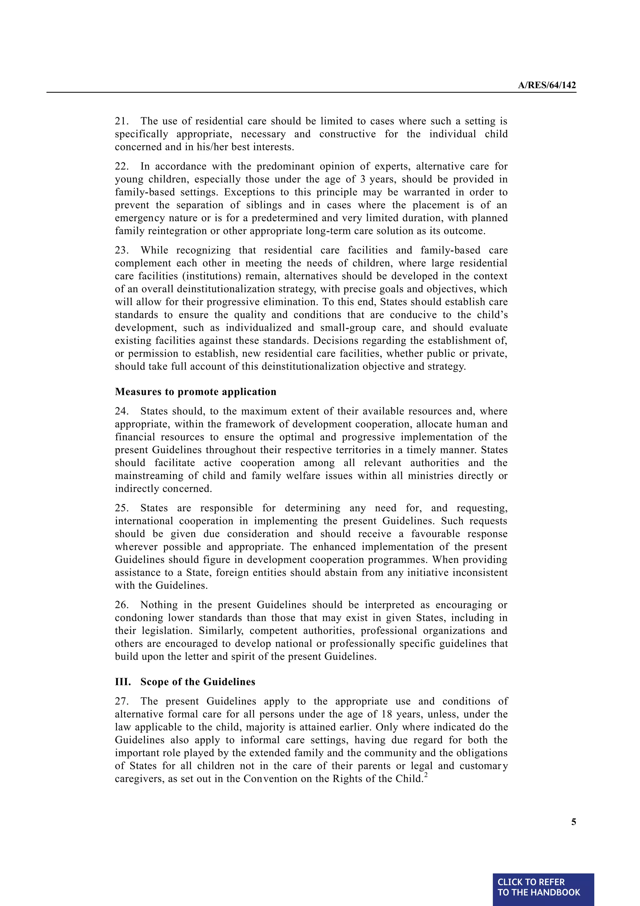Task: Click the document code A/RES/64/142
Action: coord(547,85)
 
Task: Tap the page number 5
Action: coord(573,822)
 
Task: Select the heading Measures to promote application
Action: coord(195,392)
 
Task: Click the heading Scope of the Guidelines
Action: coord(197,682)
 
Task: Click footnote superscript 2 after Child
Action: coord(426,776)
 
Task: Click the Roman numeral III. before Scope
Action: coord(122,682)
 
